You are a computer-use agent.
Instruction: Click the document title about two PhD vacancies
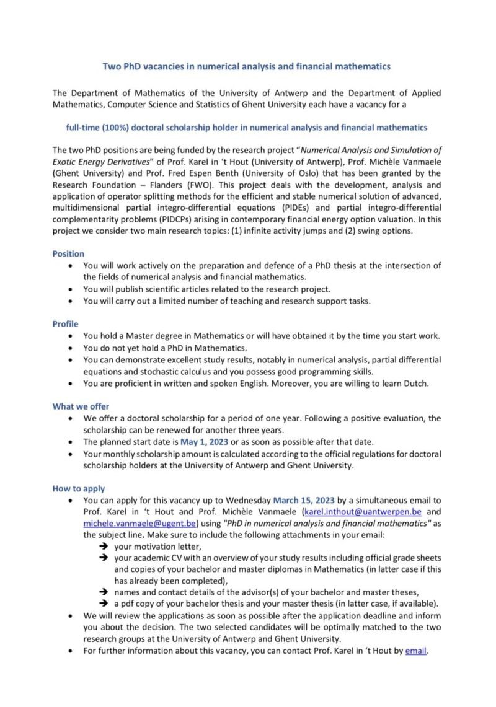[246, 65]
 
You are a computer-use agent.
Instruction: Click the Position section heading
[68, 253]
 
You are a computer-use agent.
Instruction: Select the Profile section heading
[65, 323]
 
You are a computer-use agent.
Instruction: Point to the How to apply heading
[79, 488]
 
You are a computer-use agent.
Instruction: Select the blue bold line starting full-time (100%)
[246, 128]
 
